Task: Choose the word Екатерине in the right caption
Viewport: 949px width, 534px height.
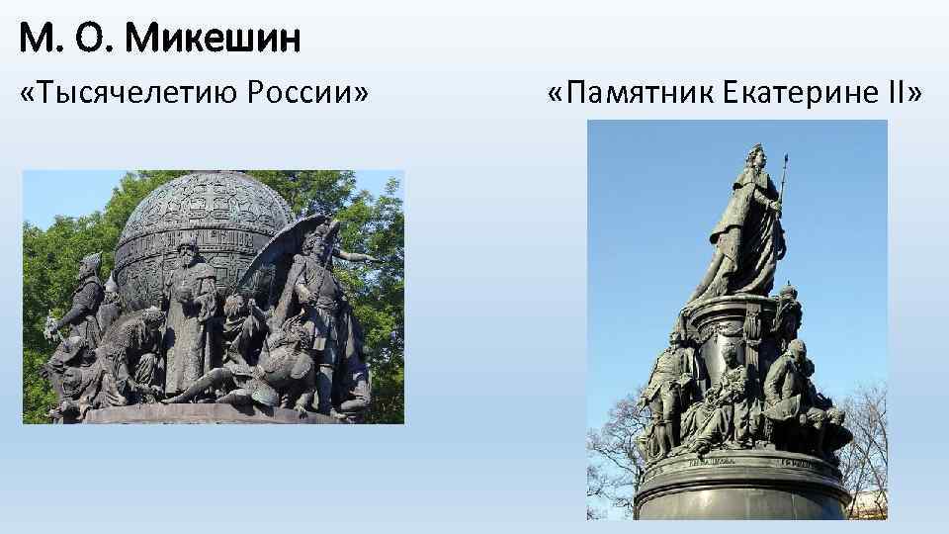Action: tap(778, 95)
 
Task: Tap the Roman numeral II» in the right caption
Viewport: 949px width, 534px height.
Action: tap(900, 95)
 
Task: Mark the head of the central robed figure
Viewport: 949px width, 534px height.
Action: tap(188, 247)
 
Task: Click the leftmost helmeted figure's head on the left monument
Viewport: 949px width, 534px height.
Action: tap(90, 264)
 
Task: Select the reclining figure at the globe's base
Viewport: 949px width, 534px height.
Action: tap(217, 381)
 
